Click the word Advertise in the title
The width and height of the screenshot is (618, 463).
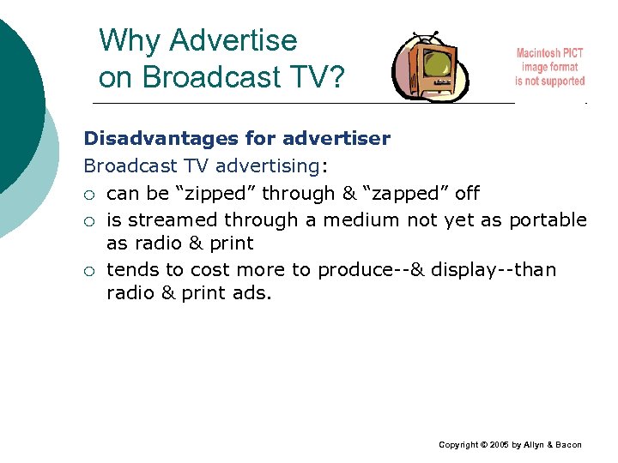[x=233, y=40]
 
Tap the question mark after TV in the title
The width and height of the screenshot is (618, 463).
[x=336, y=77]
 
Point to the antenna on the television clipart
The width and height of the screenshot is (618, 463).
[x=427, y=37]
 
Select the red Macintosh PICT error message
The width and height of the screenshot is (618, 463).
[x=549, y=67]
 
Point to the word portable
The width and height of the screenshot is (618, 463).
[x=548, y=219]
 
